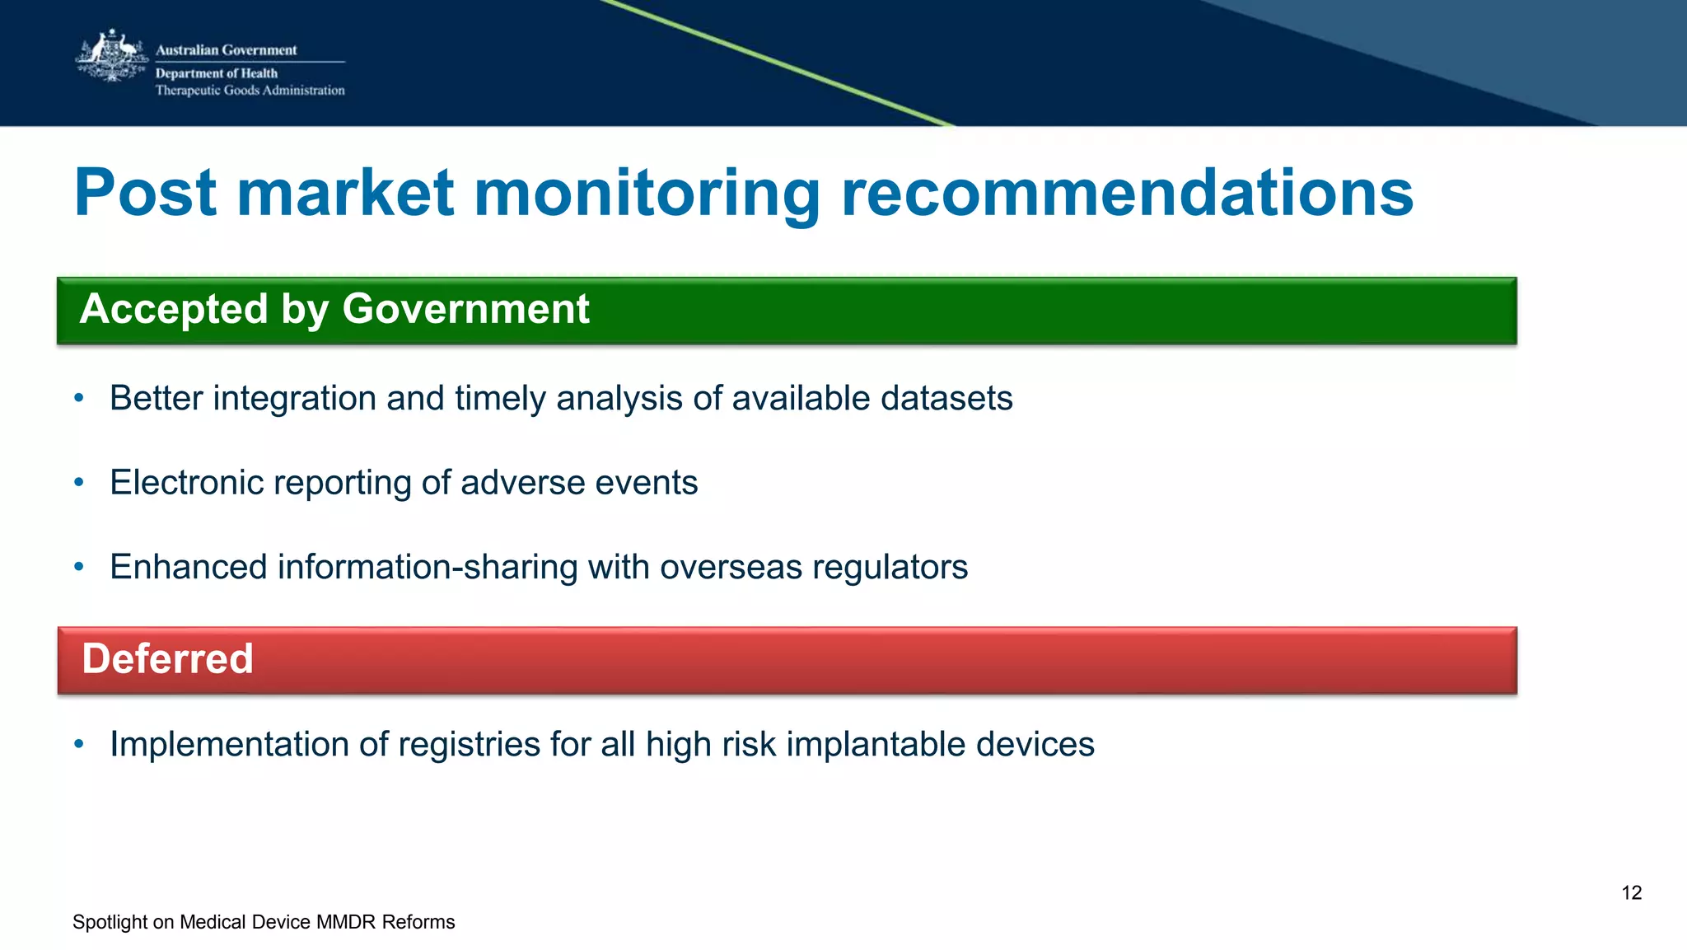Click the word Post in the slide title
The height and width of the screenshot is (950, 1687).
(145, 193)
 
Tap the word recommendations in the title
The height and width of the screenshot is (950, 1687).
(1127, 193)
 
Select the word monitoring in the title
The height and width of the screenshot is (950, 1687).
(647, 194)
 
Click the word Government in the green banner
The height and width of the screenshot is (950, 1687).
(465, 309)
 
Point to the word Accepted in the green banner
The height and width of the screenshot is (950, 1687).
(174, 309)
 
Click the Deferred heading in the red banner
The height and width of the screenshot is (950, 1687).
(167, 659)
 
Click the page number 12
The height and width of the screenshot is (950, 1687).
(1631, 893)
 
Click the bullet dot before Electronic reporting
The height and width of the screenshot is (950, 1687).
(79, 482)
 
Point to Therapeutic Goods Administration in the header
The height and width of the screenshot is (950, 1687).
(250, 91)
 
